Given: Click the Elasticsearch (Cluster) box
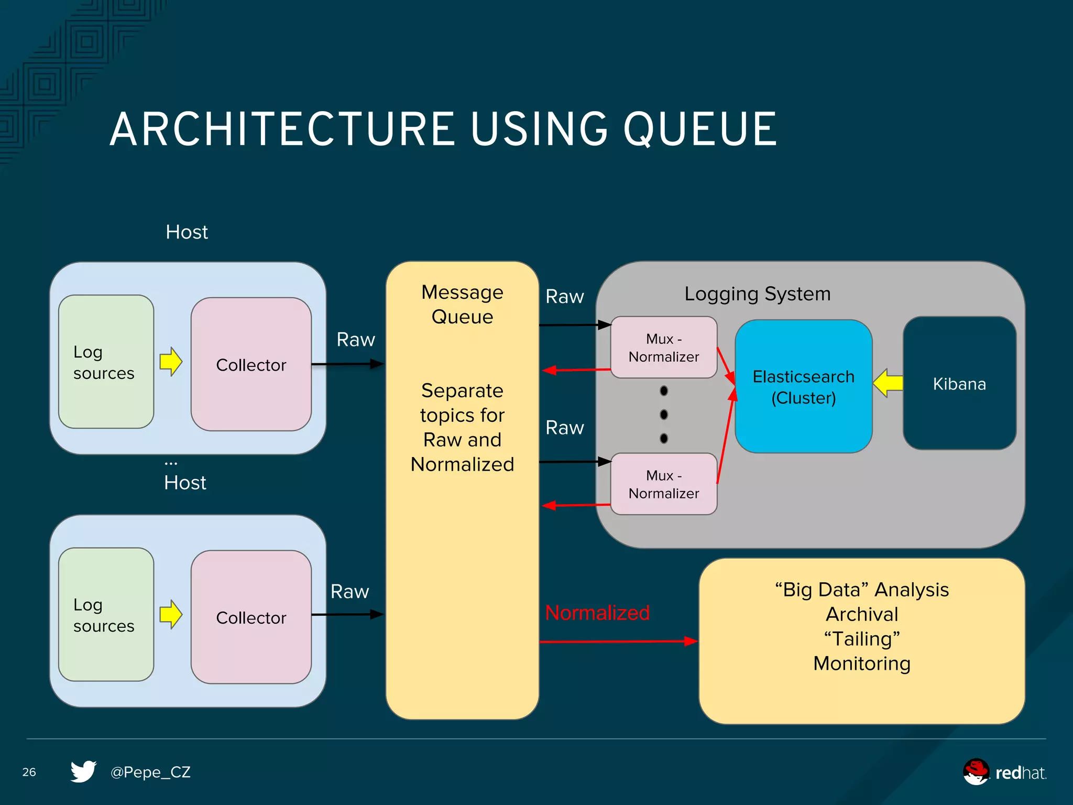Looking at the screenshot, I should tap(803, 387).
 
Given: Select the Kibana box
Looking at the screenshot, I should tap(959, 384).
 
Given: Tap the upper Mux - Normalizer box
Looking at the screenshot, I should tap(663, 347).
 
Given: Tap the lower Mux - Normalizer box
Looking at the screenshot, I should tap(663, 484).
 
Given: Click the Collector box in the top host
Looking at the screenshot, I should tap(251, 365).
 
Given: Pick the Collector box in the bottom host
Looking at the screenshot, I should tap(251, 617).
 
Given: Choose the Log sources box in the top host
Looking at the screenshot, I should tap(105, 362).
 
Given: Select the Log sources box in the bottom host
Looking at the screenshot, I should tap(105, 615).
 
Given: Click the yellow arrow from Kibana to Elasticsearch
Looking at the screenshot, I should tap(888, 383).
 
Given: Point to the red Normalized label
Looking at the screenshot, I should tap(597, 613).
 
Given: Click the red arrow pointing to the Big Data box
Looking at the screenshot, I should tap(618, 641).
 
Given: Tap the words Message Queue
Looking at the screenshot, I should tap(462, 304).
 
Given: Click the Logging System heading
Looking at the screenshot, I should tap(757, 294).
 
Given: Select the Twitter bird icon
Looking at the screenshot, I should tap(83, 771).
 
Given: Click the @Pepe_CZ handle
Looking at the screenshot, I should tap(150, 772).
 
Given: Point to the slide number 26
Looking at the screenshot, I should tap(29, 772).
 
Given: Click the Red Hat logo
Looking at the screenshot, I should tap(1003, 772).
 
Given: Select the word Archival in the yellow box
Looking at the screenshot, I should tap(862, 614).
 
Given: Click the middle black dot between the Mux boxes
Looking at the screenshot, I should tap(664, 415).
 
